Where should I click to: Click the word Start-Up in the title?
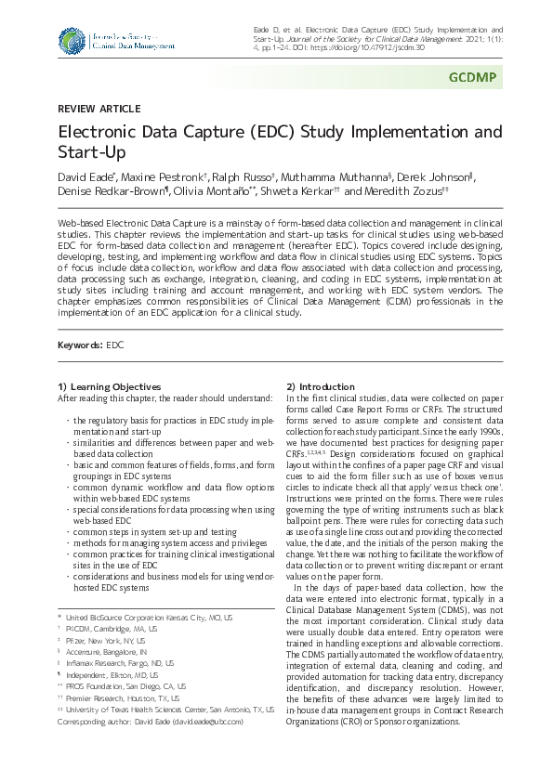[91, 151]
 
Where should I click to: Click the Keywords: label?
[80, 345]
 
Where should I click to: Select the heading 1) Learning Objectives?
[110, 386]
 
